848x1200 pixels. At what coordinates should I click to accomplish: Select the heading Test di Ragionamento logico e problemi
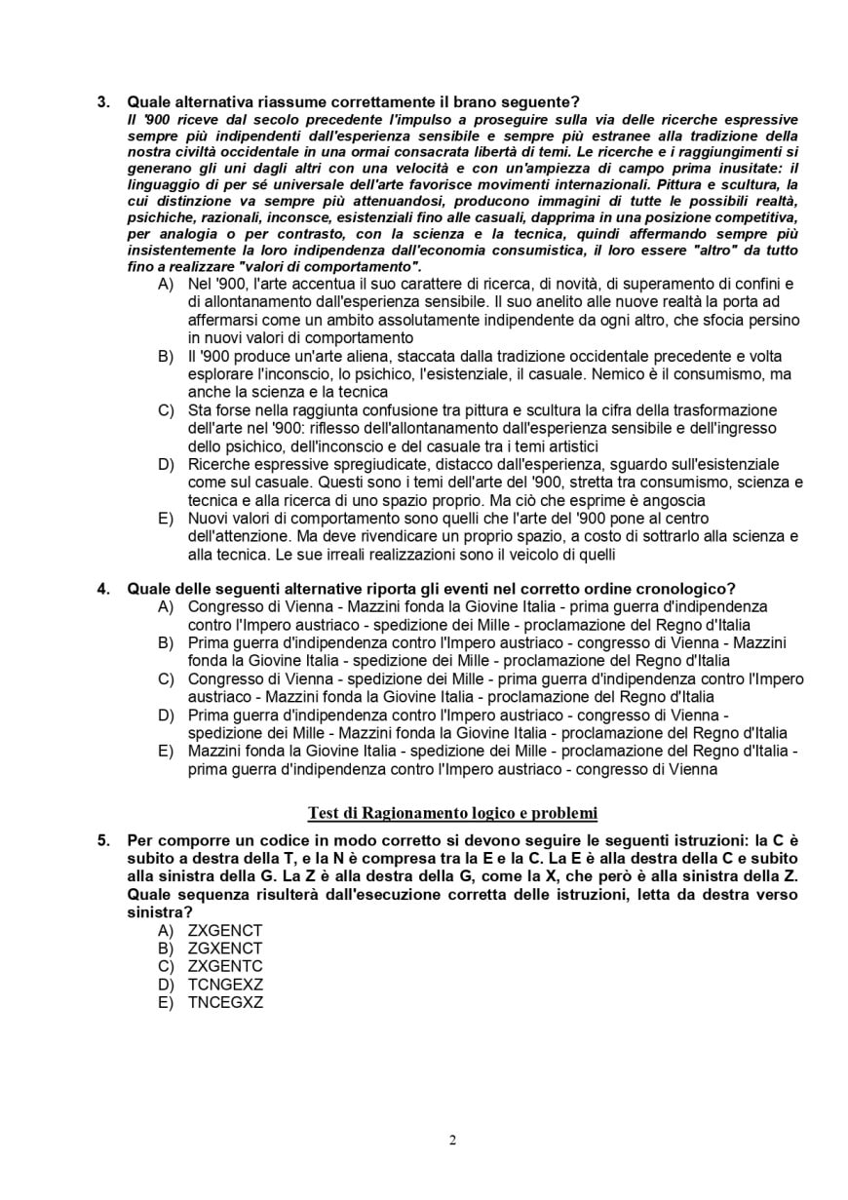[452, 812]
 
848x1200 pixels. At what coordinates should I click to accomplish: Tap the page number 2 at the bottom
[452, 1141]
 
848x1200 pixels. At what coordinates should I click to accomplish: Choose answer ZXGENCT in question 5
[225, 930]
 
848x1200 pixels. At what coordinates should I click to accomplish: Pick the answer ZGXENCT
[225, 948]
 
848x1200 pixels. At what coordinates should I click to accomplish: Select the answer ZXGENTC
[225, 966]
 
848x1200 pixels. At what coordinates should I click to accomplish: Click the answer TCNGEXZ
[225, 985]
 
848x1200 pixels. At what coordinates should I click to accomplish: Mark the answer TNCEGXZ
[225, 1002]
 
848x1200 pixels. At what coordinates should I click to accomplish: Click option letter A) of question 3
[166, 284]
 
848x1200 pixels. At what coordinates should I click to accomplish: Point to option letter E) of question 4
[166, 751]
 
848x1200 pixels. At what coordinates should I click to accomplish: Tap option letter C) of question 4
[166, 678]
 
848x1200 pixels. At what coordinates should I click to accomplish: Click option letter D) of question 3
[166, 464]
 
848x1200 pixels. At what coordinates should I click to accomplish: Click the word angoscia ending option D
[675, 500]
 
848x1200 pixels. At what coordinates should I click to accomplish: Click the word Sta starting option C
[200, 410]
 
